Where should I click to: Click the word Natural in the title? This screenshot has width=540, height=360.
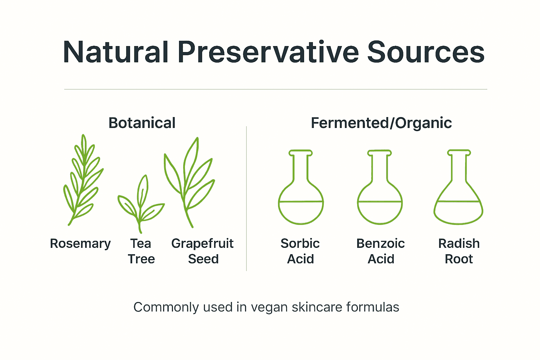[116, 52]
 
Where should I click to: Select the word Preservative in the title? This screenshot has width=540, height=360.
[268, 52]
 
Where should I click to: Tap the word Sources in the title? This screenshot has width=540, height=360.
[426, 52]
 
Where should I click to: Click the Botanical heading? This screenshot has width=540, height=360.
[142, 123]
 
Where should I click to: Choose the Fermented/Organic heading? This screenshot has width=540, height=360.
[381, 123]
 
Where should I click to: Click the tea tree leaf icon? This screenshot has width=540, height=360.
[141, 204]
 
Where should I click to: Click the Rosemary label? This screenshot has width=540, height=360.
[80, 244]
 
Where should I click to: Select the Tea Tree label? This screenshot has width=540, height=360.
[141, 251]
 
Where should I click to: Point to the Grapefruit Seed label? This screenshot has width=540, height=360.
[202, 251]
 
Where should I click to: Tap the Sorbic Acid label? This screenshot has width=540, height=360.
[300, 251]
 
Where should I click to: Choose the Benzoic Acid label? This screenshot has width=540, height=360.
[380, 251]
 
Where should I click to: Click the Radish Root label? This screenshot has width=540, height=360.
[459, 251]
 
